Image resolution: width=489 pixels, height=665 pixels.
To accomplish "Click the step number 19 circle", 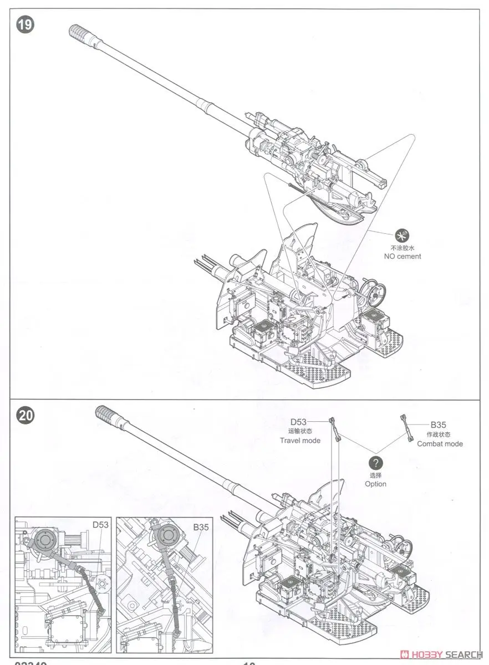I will [24, 26].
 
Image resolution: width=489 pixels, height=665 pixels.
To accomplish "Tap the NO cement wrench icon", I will [402, 234].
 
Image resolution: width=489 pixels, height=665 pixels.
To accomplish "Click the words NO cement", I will [402, 256].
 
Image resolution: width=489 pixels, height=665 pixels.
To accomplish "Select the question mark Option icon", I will [375, 463].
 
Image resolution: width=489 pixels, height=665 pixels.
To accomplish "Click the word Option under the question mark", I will [375, 484].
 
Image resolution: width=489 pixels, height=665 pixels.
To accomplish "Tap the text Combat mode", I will [440, 443].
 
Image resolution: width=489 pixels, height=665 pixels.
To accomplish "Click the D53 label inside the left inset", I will [100, 524].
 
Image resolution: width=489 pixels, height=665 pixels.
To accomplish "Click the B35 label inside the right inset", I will [201, 528].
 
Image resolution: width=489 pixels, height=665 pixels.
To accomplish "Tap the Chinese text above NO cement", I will [402, 248].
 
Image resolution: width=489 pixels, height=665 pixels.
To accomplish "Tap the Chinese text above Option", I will [375, 475].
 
